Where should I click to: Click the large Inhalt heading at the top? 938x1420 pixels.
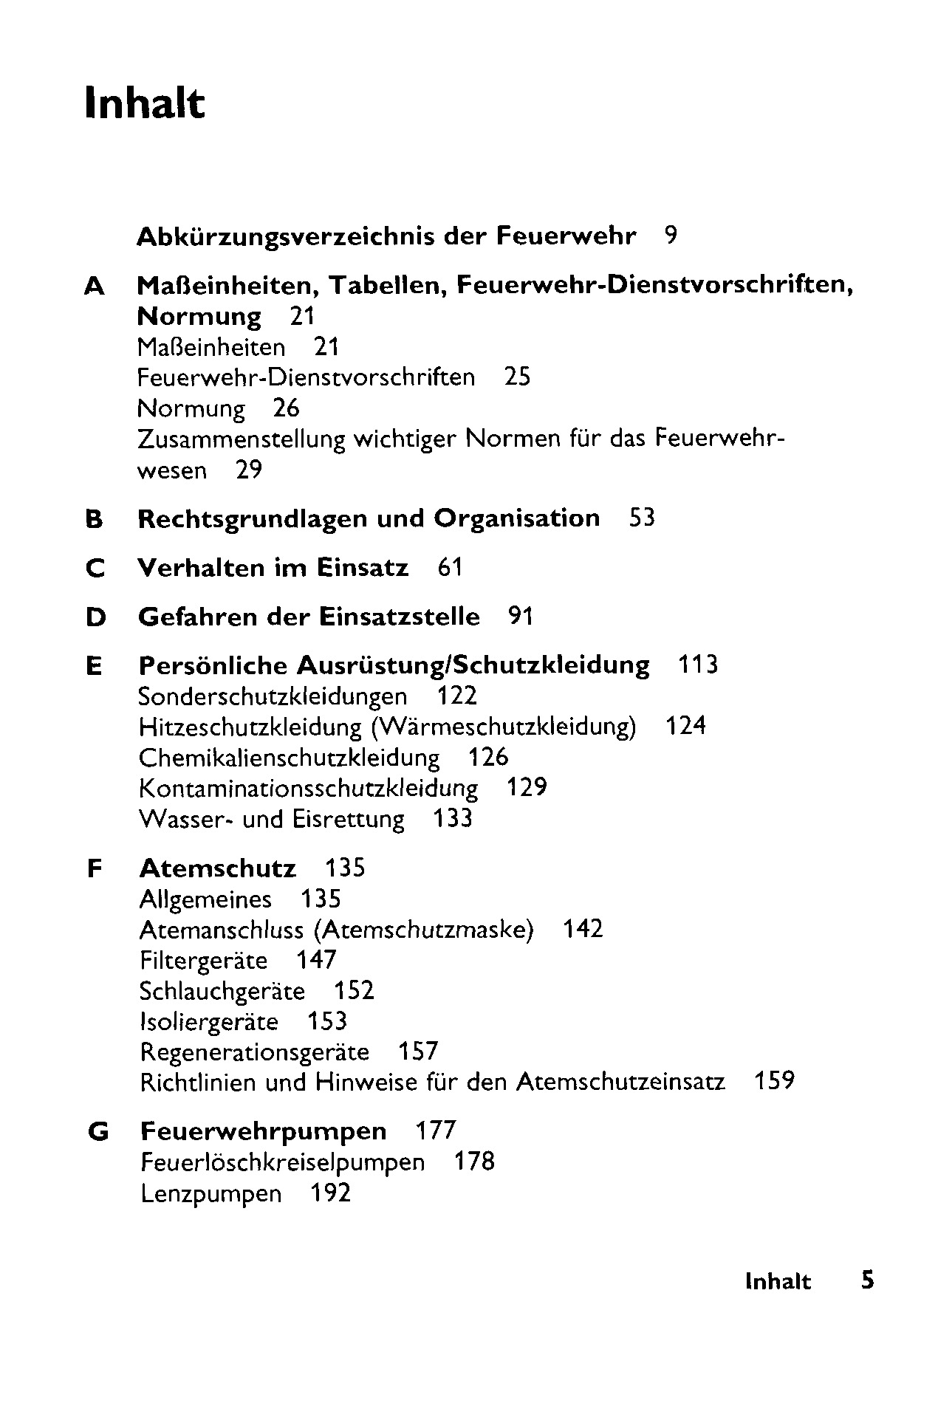coord(144,103)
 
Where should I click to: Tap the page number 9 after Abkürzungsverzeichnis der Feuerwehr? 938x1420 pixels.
coord(670,236)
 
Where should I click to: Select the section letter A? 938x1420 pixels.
coord(95,286)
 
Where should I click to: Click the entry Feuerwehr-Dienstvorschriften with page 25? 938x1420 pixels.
coord(306,378)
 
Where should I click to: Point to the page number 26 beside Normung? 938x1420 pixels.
coord(286,408)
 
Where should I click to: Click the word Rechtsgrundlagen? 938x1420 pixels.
coord(253,519)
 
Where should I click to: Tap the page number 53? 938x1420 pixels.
coord(642,518)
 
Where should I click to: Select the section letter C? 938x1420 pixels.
coord(95,569)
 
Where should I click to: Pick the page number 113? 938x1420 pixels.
coord(697,665)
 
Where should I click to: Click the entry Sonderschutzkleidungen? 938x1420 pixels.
coord(273,696)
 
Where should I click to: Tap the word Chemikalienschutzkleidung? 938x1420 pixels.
coord(289,758)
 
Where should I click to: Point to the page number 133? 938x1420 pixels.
coord(452,819)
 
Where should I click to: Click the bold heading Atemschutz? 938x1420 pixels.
coord(217,868)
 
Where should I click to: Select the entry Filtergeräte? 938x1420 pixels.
coord(203,961)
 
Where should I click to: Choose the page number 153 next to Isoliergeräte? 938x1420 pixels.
coord(326,1022)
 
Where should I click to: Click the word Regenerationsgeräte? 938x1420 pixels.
coord(254,1052)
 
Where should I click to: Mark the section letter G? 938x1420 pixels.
coord(97,1132)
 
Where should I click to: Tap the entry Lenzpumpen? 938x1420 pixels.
coord(211,1194)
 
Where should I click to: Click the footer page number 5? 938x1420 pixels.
coord(867,1280)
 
